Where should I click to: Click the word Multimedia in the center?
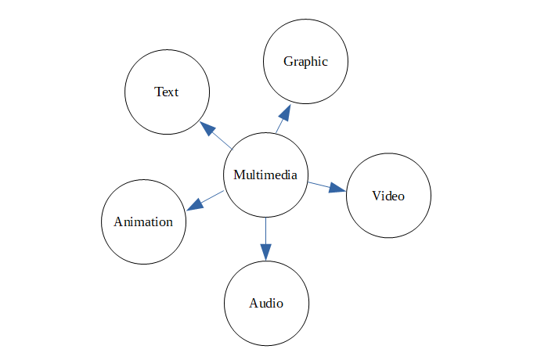coord(265,175)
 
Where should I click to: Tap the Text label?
coord(167,92)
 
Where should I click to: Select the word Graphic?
coord(305,62)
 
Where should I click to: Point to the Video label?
coord(388,196)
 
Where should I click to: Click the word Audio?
coord(266,304)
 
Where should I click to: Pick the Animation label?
coord(143,221)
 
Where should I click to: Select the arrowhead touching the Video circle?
coord(337,188)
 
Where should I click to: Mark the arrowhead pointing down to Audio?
coord(266,250)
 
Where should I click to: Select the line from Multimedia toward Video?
coord(318,184)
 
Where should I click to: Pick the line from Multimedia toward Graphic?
coord(278,126)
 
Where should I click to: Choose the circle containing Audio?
coord(266,329)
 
